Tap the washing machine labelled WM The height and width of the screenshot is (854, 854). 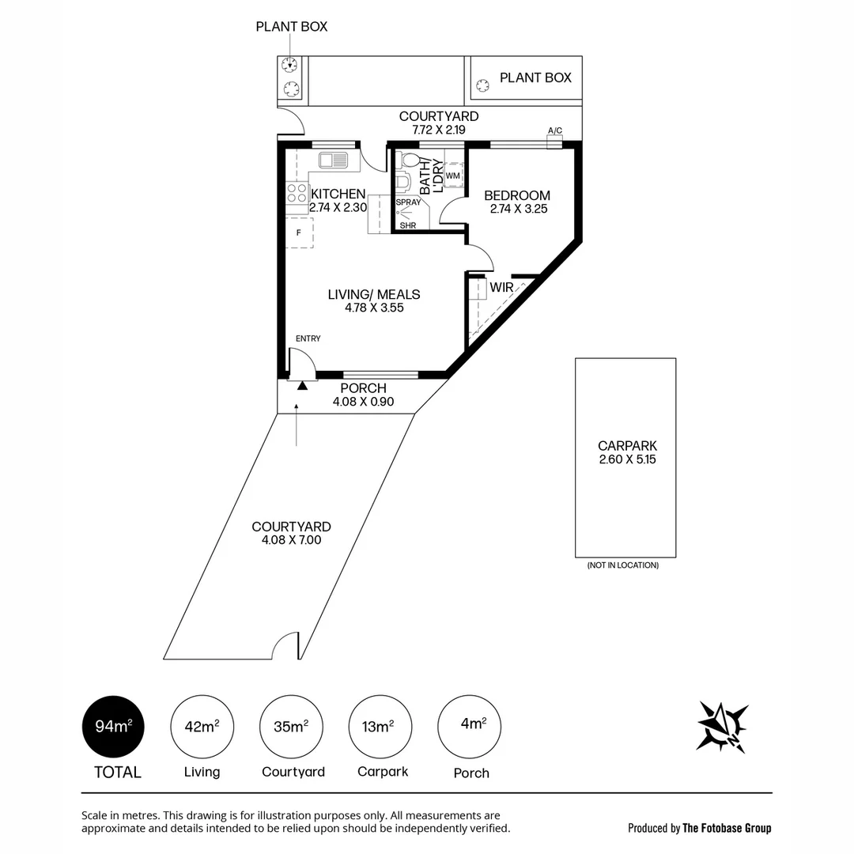(453, 175)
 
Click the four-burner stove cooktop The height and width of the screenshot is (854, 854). (297, 194)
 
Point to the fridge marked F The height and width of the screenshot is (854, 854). (299, 232)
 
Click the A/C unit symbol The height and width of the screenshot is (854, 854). (554, 142)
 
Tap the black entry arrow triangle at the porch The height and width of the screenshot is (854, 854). (302, 384)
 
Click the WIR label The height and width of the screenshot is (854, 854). (501, 288)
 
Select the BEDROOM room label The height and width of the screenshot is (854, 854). (517, 195)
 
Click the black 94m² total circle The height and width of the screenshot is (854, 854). (113, 727)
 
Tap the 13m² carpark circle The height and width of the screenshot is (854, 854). (380, 727)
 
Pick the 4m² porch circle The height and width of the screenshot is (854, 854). (470, 726)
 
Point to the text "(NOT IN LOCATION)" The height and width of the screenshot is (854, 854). (622, 565)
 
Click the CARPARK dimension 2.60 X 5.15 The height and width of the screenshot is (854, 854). (628, 459)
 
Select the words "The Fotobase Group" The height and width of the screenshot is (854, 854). (727, 828)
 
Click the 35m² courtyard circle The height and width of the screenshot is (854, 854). (292, 727)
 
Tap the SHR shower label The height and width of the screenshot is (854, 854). (408, 225)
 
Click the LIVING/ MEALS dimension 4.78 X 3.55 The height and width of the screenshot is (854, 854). (374, 308)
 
